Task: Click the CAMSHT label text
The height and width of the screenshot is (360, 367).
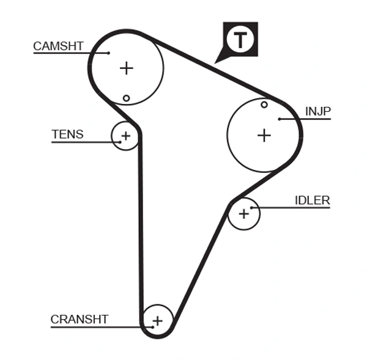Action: (x=58, y=46)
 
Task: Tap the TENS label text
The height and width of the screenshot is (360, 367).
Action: (x=67, y=134)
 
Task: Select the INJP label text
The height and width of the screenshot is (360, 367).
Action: (x=317, y=111)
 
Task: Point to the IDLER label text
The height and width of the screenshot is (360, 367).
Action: (x=312, y=200)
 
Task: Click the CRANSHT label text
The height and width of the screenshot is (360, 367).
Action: (x=80, y=319)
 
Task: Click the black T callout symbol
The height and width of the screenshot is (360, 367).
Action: (x=240, y=40)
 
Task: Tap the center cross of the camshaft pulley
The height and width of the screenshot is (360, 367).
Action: (x=126, y=68)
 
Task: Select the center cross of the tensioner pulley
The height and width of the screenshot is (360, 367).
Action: (x=126, y=136)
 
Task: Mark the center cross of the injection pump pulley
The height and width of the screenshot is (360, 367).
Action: (x=264, y=134)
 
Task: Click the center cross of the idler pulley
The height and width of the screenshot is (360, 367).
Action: (x=244, y=213)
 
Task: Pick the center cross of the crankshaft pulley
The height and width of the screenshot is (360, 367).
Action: (x=157, y=320)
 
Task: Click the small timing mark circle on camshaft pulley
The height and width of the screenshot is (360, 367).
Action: (x=126, y=98)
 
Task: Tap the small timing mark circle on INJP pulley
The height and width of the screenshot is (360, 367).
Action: (x=264, y=105)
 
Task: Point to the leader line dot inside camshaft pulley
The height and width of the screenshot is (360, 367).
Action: (x=109, y=53)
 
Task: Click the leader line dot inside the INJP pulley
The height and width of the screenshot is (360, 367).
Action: (x=279, y=119)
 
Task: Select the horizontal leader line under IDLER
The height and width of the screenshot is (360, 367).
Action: (x=294, y=208)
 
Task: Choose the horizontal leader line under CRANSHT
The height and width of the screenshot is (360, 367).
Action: (x=98, y=327)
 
